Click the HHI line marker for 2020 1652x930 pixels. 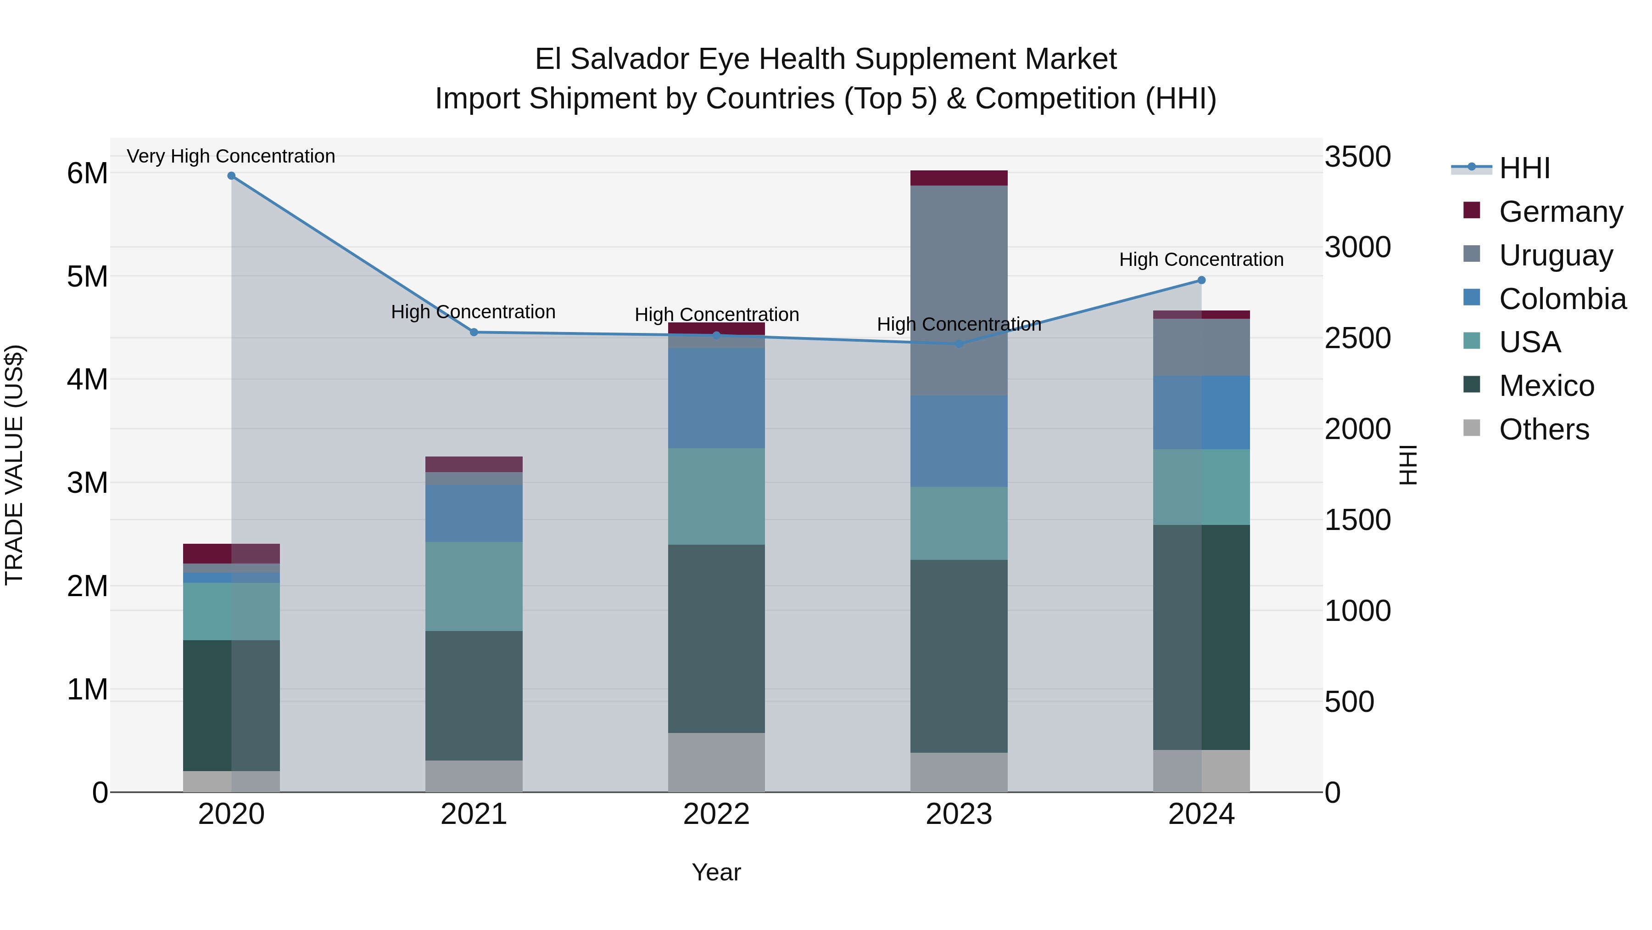(232, 176)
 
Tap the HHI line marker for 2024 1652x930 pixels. (1201, 281)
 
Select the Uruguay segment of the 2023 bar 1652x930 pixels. (959, 290)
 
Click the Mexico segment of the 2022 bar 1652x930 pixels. (716, 639)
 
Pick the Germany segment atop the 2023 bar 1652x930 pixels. (959, 178)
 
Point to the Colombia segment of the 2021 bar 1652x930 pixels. (474, 513)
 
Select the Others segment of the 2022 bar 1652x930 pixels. (716, 762)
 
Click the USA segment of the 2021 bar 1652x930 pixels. (474, 586)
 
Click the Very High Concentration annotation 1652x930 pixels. (231, 156)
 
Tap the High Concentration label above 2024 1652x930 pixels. (1201, 259)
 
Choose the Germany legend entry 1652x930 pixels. (1560, 212)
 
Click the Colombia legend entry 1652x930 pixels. (1562, 299)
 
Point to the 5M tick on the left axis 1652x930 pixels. (87, 276)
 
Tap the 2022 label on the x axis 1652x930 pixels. (716, 814)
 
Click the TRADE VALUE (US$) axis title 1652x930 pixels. (14, 465)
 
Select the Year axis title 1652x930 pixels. (716, 872)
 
